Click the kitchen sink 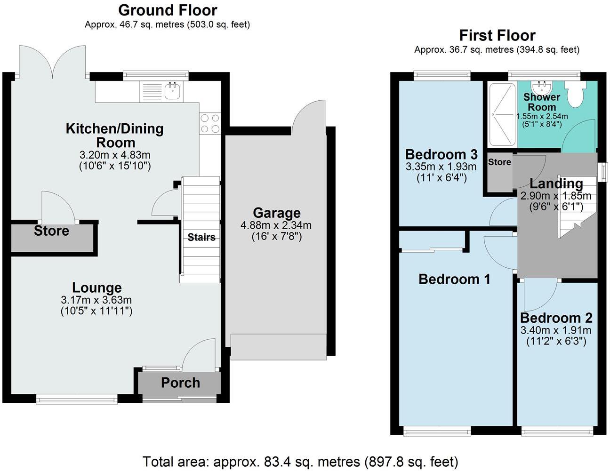pos(173,91)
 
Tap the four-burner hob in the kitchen pos(210,123)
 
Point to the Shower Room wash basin pos(542,87)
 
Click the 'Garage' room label pos(276,213)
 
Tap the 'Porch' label pos(180,383)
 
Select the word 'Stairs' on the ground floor pos(201,237)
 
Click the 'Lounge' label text pos(96,287)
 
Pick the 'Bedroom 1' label pos(454,279)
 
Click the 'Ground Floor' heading pos(168,10)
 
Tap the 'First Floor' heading pos(497,35)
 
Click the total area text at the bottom pos(300,462)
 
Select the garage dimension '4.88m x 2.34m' pos(276,225)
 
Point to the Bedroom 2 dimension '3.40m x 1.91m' pos(556,330)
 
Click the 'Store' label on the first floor pos(499,162)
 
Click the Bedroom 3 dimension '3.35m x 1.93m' pos(441,167)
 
